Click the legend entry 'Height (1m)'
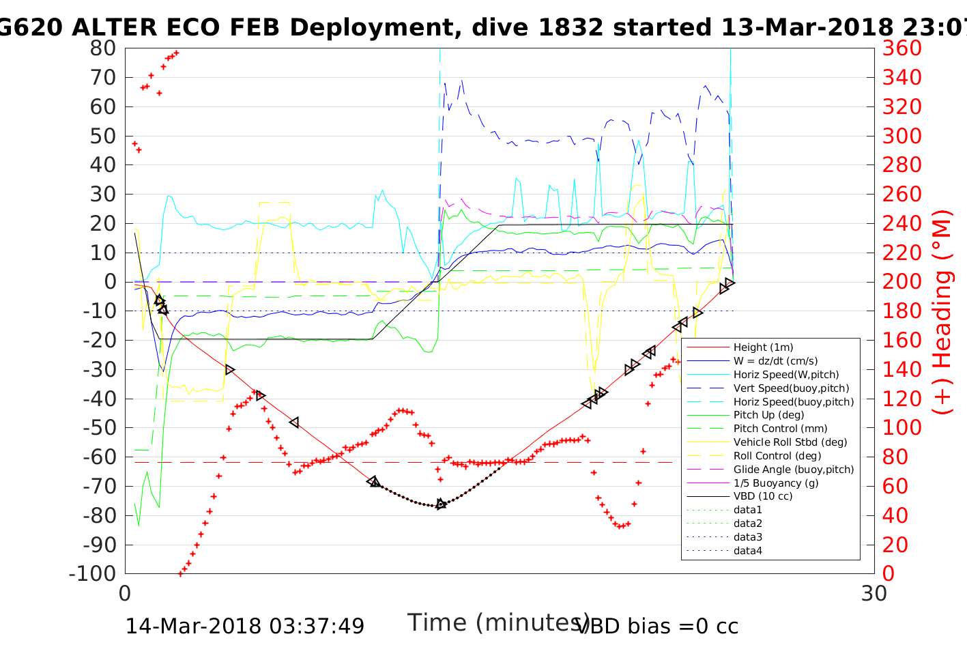point(763,347)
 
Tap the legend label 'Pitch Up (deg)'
point(768,415)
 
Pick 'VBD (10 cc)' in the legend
point(763,496)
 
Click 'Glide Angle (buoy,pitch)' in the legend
point(794,470)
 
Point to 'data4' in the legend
point(748,551)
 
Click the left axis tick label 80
point(102,48)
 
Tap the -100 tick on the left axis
point(93,573)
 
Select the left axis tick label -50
point(99,427)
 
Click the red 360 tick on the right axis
point(901,48)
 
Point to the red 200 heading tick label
point(901,282)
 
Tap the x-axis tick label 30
point(874,594)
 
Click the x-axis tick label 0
point(125,594)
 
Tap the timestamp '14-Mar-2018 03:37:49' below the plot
point(244,626)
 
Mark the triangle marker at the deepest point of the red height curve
point(441,504)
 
